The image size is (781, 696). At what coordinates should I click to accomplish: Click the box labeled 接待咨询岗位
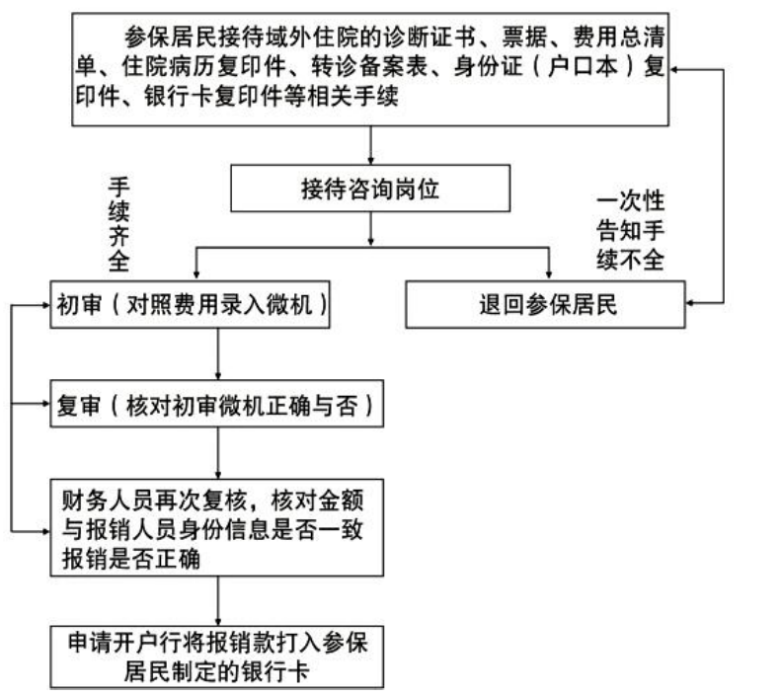(x=370, y=189)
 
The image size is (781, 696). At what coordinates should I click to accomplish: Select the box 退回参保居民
(x=545, y=305)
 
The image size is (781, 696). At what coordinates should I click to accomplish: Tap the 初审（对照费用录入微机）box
(x=190, y=305)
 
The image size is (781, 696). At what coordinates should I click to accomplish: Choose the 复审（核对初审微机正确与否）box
(x=216, y=404)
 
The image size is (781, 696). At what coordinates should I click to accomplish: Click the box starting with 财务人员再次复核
(x=216, y=528)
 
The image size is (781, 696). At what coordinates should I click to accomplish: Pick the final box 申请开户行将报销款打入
(x=216, y=657)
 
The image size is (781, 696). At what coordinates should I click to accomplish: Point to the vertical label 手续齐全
(x=119, y=224)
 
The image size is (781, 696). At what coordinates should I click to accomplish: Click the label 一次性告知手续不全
(x=631, y=230)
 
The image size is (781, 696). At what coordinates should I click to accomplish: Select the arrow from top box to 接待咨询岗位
(x=370, y=145)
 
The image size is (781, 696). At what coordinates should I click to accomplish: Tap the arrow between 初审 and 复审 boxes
(x=217, y=354)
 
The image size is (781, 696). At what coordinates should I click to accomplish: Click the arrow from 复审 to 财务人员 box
(x=217, y=453)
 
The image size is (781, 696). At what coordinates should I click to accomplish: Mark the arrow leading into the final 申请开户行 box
(x=217, y=601)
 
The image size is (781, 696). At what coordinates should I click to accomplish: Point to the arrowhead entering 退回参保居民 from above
(x=549, y=274)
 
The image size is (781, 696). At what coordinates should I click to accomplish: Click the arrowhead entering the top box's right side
(x=674, y=70)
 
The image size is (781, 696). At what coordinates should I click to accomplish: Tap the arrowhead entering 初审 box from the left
(x=45, y=305)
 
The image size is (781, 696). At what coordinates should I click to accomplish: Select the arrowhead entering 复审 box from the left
(x=45, y=404)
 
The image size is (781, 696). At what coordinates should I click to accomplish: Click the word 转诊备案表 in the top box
(x=370, y=66)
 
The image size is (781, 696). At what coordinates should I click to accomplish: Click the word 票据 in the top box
(x=525, y=37)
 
